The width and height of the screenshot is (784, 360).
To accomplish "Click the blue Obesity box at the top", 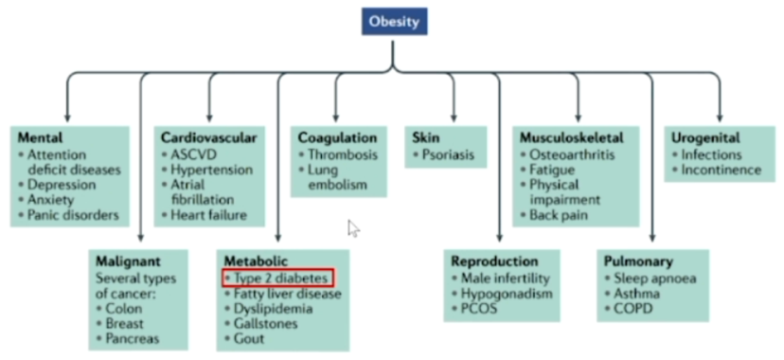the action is [x=395, y=22].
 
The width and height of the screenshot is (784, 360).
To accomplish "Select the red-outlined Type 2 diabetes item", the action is [x=277, y=278].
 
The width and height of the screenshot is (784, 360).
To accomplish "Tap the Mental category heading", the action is [x=41, y=137].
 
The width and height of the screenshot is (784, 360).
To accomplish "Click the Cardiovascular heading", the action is [x=209, y=137].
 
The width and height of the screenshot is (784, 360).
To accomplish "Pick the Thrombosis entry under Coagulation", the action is [x=343, y=154].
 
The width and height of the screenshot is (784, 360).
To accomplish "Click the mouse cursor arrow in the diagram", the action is [x=353, y=228].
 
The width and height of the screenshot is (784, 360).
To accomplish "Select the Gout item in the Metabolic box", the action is [x=249, y=338].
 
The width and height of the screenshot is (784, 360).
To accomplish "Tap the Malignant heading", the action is [x=128, y=261].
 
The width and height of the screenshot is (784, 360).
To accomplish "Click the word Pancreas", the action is [x=133, y=338].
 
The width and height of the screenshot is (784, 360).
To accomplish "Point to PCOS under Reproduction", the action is [x=479, y=308].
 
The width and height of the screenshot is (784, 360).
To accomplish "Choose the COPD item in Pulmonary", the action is [x=633, y=308].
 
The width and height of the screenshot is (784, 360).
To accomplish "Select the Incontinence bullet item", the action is [x=722, y=170].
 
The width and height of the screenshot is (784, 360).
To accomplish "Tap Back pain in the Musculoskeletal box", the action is [x=559, y=215].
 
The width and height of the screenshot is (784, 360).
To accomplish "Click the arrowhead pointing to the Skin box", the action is [x=454, y=118].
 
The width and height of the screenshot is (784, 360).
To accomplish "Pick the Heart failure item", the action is [x=209, y=215].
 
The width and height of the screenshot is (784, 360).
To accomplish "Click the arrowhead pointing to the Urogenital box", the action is [x=720, y=118].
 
